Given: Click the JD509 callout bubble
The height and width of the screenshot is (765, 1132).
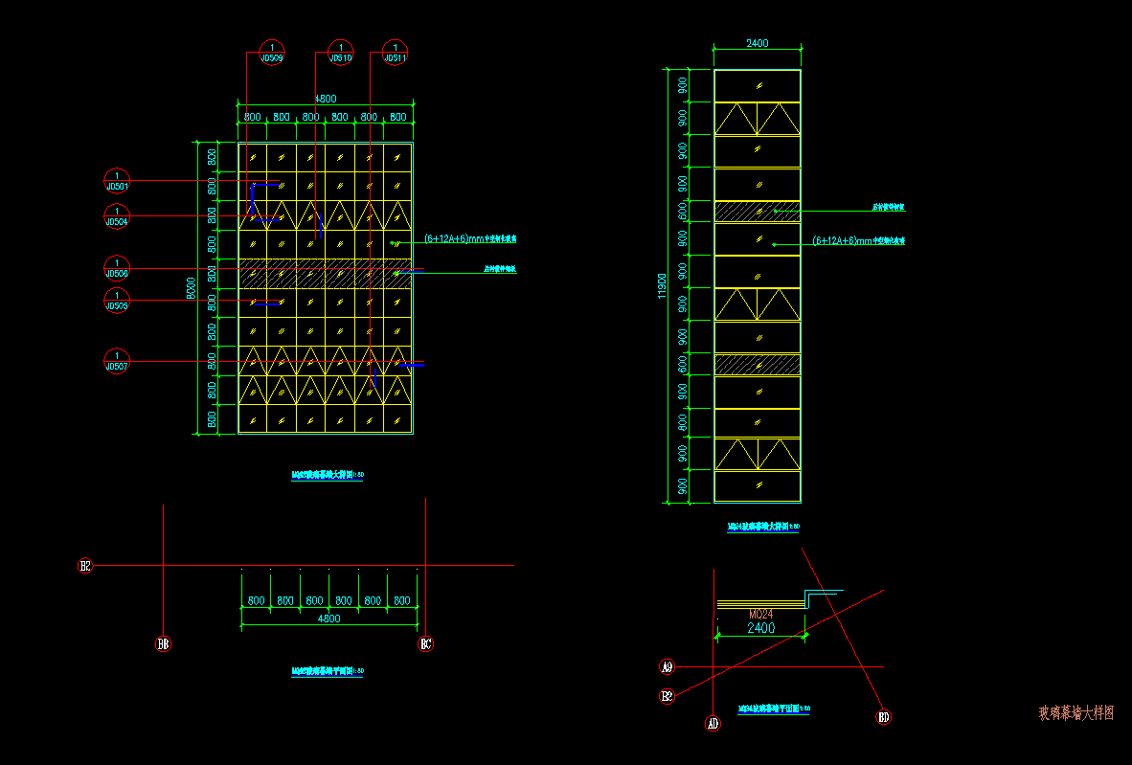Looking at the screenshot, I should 272,52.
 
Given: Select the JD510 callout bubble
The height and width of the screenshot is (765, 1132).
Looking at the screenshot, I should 340,52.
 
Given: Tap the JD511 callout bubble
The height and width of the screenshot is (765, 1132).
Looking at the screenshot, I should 395,52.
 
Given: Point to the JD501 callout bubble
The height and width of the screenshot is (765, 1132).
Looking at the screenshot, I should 117,180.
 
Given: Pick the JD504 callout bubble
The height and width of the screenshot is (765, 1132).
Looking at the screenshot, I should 117,215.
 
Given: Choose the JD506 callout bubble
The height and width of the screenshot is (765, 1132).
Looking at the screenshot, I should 117,267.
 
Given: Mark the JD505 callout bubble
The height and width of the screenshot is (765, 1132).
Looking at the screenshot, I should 117,300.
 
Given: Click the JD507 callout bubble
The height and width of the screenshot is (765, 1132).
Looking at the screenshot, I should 117,360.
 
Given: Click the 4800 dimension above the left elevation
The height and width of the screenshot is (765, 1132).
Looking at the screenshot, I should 326,98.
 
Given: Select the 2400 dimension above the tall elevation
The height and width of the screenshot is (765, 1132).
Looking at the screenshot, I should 757,43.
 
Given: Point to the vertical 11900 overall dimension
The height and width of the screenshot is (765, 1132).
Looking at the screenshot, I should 661,285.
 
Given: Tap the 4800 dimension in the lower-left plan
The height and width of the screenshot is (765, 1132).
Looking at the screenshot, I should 328,619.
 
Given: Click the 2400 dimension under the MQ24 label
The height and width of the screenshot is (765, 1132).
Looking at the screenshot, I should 760,628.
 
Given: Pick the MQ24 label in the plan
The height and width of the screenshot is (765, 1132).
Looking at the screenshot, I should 760,613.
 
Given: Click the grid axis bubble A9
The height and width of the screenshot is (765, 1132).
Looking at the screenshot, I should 668,666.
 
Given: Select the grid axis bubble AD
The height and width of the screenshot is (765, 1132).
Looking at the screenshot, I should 713,723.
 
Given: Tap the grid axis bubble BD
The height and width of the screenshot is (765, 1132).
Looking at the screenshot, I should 883,716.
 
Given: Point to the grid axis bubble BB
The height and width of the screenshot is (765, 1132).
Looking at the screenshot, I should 164,643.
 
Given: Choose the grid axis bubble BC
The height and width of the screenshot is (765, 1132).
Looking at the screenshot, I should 426,643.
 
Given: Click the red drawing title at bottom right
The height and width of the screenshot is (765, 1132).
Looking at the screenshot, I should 1076,713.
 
